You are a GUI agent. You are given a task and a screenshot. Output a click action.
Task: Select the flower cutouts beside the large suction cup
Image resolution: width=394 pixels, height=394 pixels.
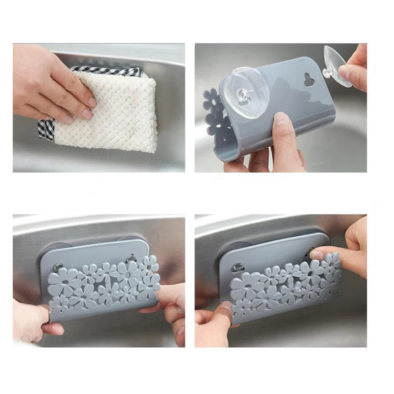coord(213,113)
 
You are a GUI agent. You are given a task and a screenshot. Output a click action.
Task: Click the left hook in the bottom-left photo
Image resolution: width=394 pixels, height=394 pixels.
coord(58,267)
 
